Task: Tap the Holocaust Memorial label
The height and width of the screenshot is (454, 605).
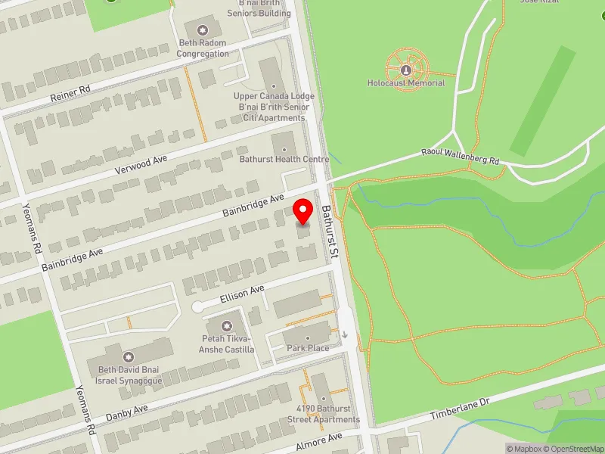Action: pyautogui.click(x=406, y=83)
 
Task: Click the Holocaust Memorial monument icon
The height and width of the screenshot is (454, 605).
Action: pyautogui.click(x=406, y=70)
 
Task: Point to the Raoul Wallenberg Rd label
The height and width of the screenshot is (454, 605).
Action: pyautogui.click(x=461, y=157)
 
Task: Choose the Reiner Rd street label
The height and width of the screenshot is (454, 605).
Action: pyautogui.click(x=70, y=92)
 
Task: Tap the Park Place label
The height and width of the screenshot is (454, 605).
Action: pyautogui.click(x=308, y=348)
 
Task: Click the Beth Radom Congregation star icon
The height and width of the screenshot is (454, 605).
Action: pyautogui.click(x=203, y=30)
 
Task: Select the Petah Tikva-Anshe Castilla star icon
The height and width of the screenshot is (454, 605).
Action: pyautogui.click(x=226, y=322)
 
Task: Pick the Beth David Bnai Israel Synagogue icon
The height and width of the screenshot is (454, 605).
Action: pyautogui.click(x=128, y=356)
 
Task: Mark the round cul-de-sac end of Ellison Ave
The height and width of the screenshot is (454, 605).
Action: pyautogui.click(x=197, y=307)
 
